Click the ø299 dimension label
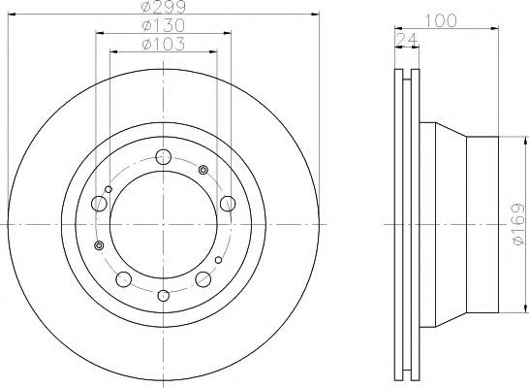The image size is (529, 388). [164, 6]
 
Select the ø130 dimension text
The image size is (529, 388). [164, 25]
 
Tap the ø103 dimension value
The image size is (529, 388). [164, 44]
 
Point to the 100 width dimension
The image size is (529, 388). [440, 20]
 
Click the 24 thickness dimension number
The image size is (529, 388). [406, 40]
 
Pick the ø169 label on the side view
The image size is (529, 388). [519, 224]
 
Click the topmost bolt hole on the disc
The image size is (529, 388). [164, 156]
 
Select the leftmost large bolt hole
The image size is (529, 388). [99, 204]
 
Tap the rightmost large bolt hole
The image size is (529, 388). [228, 204]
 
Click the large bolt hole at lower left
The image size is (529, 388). [123, 279]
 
